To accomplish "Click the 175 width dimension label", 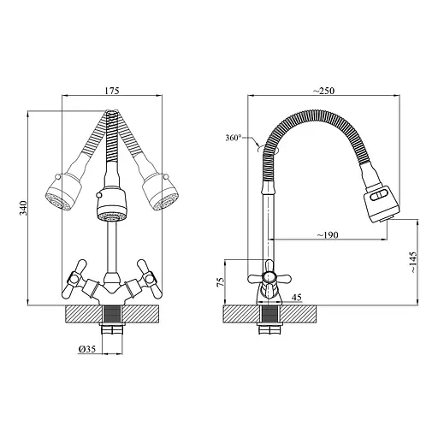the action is pos(112,91).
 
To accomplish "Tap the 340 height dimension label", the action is pos(23,208).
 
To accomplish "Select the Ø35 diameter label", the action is pos(86,349).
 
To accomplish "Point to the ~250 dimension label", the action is pos(323,91).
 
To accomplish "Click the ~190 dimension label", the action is pos(328,235).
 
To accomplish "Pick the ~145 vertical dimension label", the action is pos(413,263).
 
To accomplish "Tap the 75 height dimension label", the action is pos(221,282).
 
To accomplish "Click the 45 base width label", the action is pos(297,298).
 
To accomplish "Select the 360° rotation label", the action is pos(234,138).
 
